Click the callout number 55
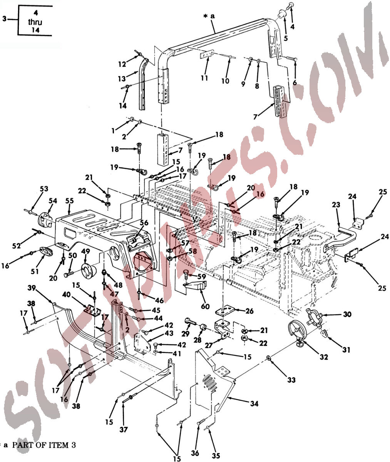70,201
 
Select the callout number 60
205,306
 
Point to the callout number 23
336,204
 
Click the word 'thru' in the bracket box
35,22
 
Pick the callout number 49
85,251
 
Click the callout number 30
347,314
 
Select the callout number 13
122,79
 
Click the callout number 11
204,78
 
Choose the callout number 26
249,311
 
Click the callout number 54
53,201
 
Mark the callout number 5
286,38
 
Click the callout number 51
35,271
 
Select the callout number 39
32,288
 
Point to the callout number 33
291,380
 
